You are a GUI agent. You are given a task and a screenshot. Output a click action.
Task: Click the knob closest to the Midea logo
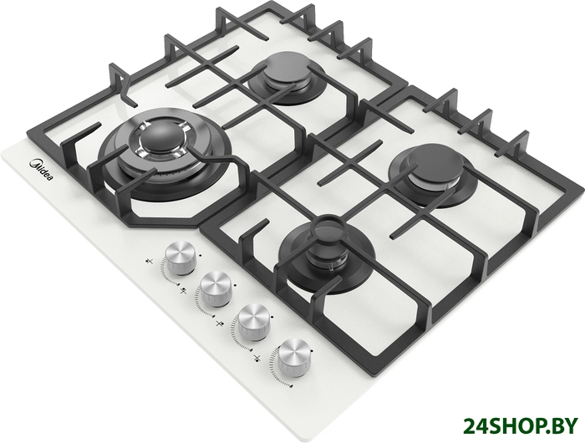[181, 258]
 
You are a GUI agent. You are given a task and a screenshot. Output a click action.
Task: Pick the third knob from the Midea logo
[254, 321]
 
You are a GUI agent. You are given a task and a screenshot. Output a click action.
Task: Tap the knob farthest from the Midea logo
[293, 356]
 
